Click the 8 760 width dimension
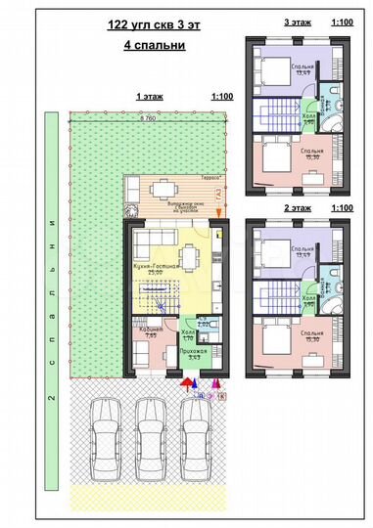click(x=149, y=117)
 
